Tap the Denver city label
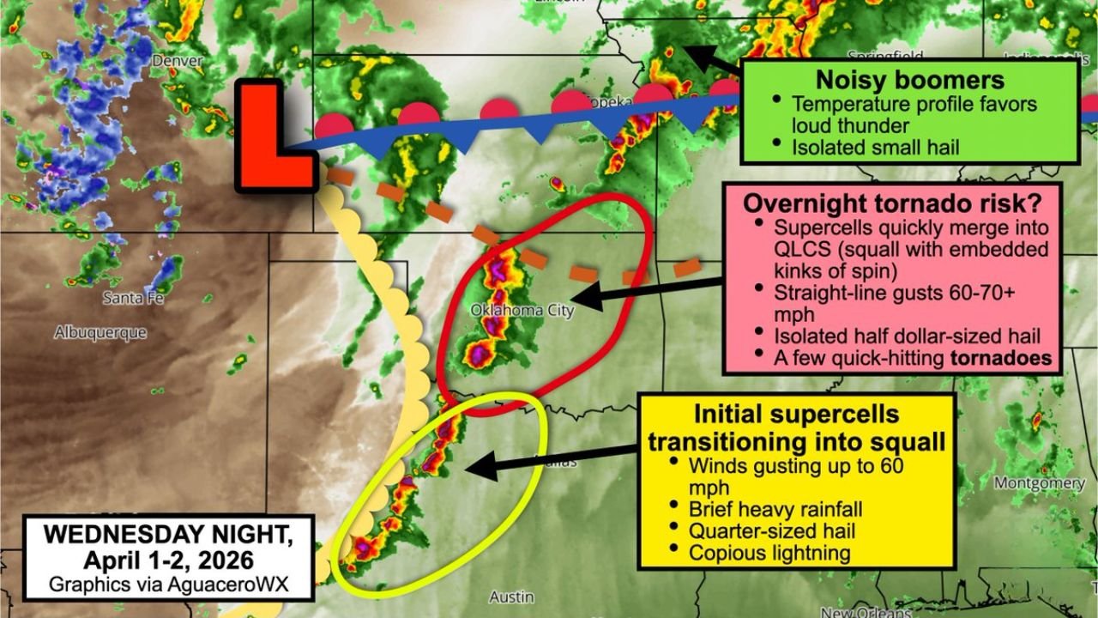(178, 61)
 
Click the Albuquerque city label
(100, 332)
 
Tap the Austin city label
(511, 597)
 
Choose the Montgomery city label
(1039, 483)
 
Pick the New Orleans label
(865, 612)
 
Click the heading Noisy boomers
(909, 81)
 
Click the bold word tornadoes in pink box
(1001, 357)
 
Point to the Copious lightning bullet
(769, 553)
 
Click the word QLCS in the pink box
(800, 251)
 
